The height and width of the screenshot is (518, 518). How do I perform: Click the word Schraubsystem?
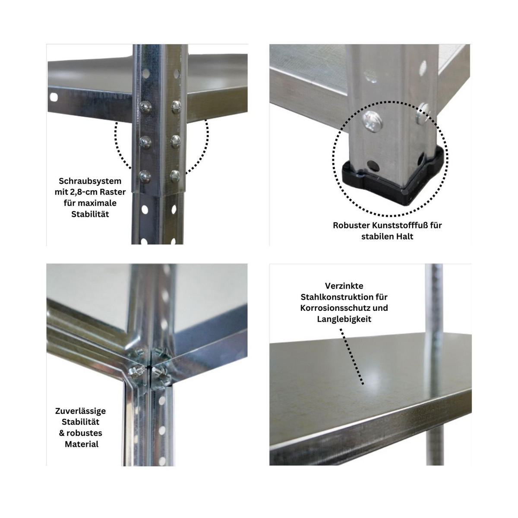[x=90, y=181]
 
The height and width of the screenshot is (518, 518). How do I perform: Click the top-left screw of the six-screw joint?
[x=144, y=105]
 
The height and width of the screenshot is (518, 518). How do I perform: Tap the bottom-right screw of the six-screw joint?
[x=175, y=174]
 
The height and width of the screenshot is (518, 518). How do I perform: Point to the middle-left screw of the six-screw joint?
[x=144, y=140]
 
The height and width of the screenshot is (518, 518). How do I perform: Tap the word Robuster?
[x=351, y=225]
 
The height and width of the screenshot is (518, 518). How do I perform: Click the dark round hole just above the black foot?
[x=371, y=165]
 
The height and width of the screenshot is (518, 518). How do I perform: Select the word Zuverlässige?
[x=80, y=411]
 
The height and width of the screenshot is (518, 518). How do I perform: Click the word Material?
[x=82, y=444]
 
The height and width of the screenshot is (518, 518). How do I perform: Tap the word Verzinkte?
[x=344, y=286]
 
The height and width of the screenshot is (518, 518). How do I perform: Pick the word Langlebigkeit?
[x=344, y=319]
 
